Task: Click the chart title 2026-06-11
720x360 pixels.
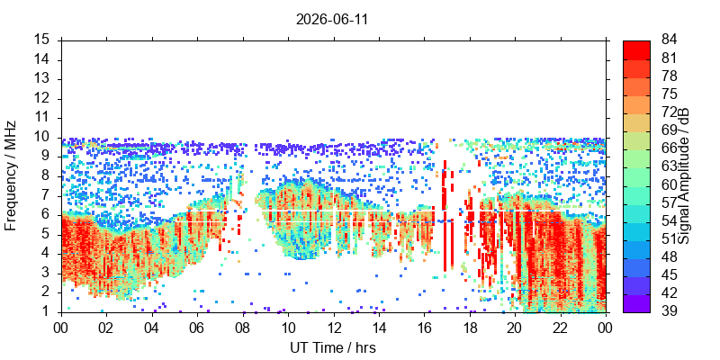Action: (332, 20)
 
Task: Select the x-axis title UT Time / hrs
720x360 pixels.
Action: (333, 348)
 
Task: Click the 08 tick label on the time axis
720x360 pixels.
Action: (243, 328)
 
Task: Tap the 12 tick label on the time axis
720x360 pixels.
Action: (334, 328)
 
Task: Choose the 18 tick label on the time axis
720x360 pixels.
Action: (470, 328)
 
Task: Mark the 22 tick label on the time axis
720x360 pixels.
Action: (561, 328)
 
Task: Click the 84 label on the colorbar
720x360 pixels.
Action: (669, 40)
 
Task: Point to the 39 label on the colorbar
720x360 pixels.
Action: (669, 310)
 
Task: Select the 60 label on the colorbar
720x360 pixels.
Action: (669, 184)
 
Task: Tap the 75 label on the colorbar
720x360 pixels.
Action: (669, 94)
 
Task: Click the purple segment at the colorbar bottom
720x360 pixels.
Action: (636, 303)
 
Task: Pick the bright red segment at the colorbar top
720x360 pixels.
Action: (636, 49)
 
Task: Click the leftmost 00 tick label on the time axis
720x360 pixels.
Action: (61, 328)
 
